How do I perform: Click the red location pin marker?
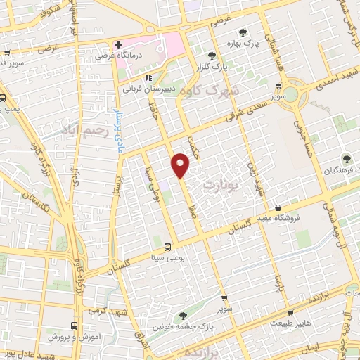[x=181, y=165]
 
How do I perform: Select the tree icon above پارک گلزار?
[x=212, y=55]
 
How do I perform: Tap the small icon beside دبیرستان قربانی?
[x=148, y=78]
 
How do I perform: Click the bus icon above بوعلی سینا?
[x=167, y=247]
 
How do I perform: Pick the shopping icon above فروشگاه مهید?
[x=279, y=208]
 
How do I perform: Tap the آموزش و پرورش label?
[x=75, y=337]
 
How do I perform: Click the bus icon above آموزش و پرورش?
[x=74, y=326]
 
